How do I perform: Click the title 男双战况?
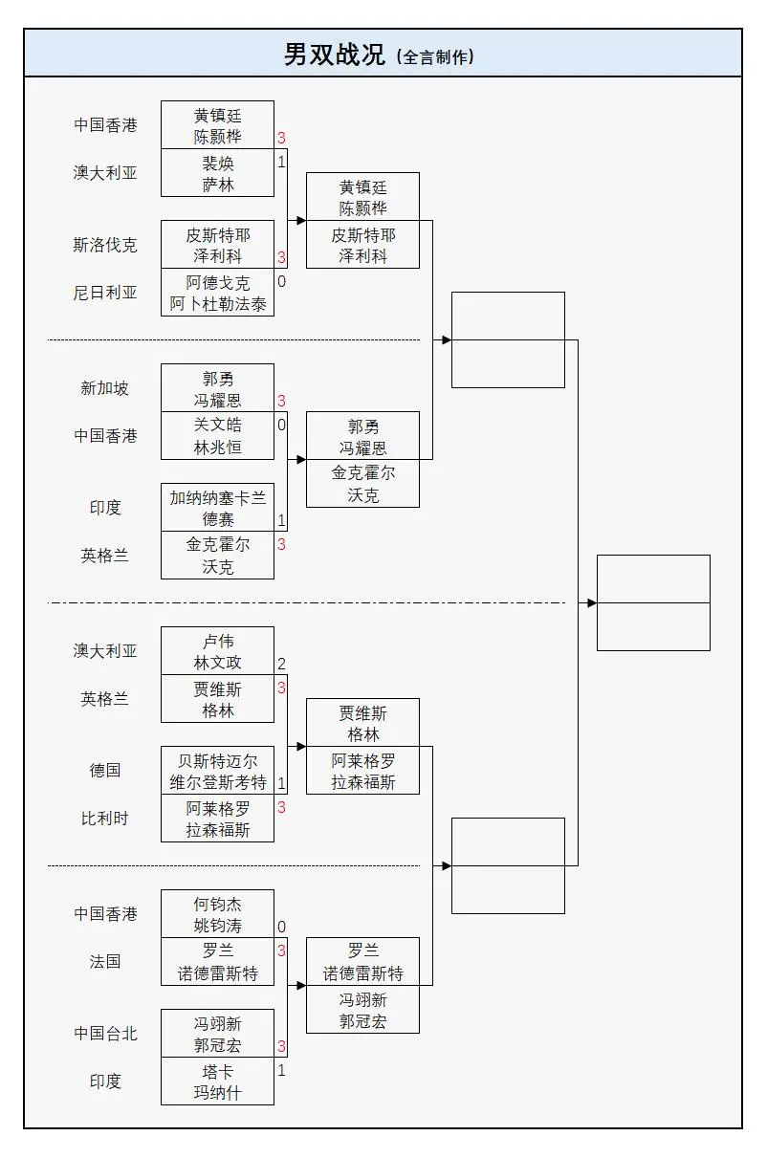(334, 55)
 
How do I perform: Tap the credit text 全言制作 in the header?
(437, 57)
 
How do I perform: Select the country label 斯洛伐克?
(105, 245)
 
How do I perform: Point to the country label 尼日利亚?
(105, 293)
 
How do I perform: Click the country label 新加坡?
(105, 388)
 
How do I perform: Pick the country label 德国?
(105, 771)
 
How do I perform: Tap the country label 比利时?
(105, 819)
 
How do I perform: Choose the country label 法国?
(105, 962)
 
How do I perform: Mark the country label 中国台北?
(105, 1034)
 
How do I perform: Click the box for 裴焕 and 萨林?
(217, 173)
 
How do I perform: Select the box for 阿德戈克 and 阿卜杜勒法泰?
(217, 293)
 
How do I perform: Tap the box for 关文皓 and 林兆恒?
(217, 436)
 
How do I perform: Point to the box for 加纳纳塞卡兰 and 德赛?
(217, 508)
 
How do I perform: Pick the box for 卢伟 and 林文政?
(217, 651)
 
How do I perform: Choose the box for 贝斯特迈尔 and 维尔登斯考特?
(217, 771)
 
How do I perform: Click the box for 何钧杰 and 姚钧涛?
(217, 914)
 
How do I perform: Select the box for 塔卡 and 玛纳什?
(217, 1082)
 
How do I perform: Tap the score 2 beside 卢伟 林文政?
(281, 665)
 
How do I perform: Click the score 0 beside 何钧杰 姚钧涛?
(281, 928)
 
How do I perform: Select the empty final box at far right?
(653, 602)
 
